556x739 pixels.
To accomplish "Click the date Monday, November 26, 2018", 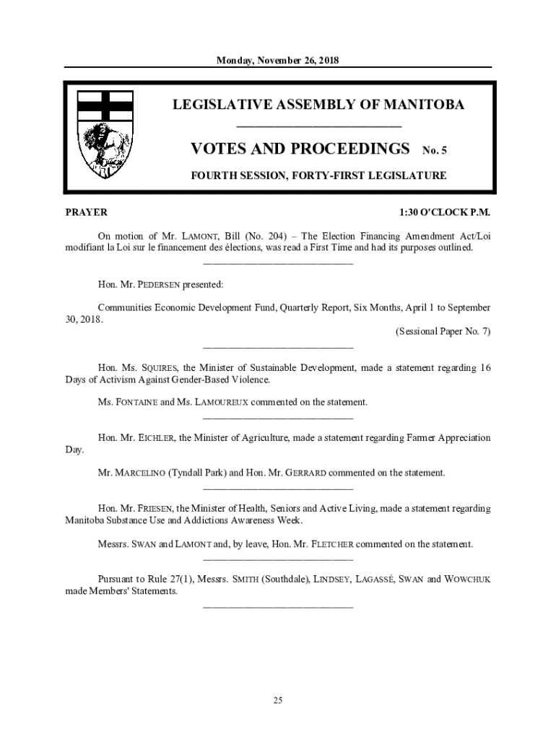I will tap(278, 61).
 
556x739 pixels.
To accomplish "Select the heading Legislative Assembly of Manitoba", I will tap(318, 105).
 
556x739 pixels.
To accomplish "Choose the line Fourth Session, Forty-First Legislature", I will tap(318, 175).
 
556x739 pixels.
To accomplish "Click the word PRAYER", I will tap(86, 212).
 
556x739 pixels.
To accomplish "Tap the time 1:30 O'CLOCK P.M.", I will tap(445, 212).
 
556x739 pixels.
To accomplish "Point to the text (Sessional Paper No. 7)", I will tap(443, 331).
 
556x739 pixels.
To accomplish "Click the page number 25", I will tap(278, 700).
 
